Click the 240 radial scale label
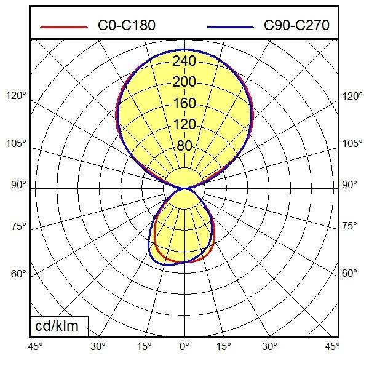click(184, 61)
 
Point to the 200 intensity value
click(184, 82)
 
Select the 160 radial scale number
click(184, 103)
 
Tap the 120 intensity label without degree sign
click(184, 125)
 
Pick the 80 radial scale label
click(184, 146)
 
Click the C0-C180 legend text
click(127, 25)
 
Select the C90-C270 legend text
click(296, 25)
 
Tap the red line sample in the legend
click(64, 27)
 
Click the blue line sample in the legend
click(231, 27)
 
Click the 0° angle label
click(184, 347)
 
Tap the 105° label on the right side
click(352, 144)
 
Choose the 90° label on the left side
click(19, 184)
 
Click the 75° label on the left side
click(19, 227)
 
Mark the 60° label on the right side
click(349, 273)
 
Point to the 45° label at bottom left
click(36, 347)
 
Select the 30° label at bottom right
click(269, 347)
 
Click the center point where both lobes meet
click(184, 188)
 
